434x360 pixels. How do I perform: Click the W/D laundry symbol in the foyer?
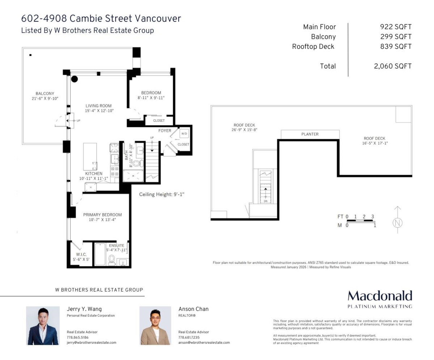click(184, 134)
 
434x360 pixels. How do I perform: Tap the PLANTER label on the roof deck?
click(310, 134)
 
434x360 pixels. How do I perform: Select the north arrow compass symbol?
click(397, 220)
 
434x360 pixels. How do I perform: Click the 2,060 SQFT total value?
click(393, 66)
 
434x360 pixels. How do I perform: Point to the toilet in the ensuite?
click(112, 260)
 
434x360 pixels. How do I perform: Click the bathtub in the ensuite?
click(100, 254)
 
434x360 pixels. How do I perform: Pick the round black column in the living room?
click(75, 79)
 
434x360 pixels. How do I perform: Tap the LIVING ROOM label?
click(98, 106)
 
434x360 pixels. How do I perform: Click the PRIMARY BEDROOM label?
click(102, 215)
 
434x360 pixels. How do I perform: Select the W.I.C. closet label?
click(81, 254)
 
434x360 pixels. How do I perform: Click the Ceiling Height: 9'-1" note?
click(162, 194)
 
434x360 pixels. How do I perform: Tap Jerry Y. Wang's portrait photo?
click(43, 326)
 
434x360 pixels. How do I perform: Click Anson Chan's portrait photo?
click(155, 326)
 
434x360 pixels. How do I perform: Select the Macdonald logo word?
click(380, 296)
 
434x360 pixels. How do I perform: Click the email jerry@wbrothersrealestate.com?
click(92, 343)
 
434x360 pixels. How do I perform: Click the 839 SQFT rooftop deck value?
click(396, 47)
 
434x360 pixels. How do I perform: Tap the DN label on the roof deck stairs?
click(265, 201)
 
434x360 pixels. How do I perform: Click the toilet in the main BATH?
click(137, 163)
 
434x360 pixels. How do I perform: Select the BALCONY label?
click(45, 94)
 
